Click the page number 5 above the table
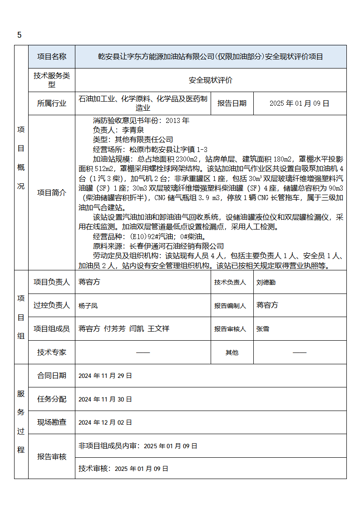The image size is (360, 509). (x=20, y=35)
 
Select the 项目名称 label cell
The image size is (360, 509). (x=52, y=57)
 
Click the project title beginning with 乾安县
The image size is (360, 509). (x=211, y=57)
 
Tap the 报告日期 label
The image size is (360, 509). (x=232, y=103)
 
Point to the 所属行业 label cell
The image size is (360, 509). (x=52, y=103)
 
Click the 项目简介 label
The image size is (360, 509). (x=52, y=193)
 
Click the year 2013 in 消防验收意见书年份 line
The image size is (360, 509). (x=181, y=121)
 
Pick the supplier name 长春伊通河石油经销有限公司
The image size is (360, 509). (x=177, y=246)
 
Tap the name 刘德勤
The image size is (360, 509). (x=266, y=282)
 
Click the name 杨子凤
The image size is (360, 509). (x=88, y=306)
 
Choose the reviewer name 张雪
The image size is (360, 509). (x=263, y=329)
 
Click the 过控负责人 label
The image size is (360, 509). (x=52, y=306)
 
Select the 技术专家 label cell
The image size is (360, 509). (x=52, y=352)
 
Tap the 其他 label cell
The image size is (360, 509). (x=232, y=352)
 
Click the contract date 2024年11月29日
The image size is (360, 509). (x=105, y=376)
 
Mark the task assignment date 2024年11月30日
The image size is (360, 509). (x=105, y=399)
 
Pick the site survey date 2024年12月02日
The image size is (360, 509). (x=105, y=422)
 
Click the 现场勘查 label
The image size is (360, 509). (x=52, y=422)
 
